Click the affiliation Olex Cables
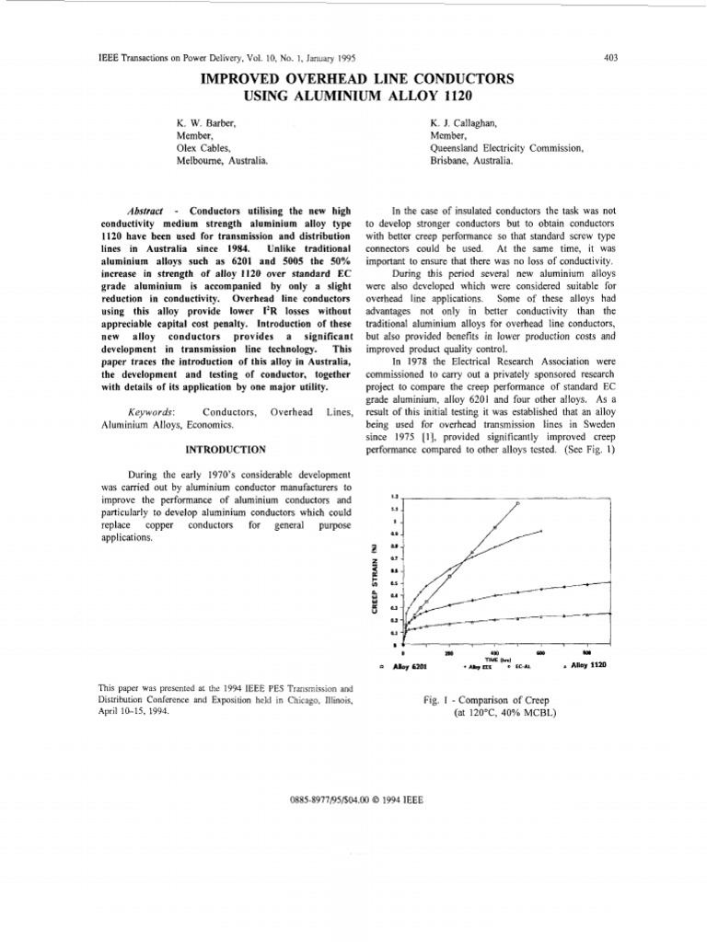tap(202, 147)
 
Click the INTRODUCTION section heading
tap(226, 449)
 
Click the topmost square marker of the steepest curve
tap(517, 503)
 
